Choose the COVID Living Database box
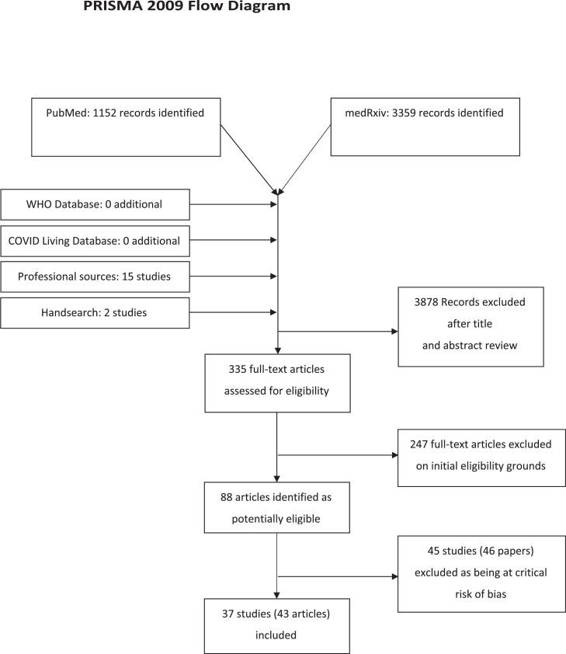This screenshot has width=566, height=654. click(95, 241)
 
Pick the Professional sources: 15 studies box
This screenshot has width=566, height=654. click(95, 276)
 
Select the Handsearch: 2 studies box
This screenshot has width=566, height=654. click(95, 311)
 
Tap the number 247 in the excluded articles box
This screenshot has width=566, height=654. click(423, 444)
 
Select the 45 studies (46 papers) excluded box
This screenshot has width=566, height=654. click(481, 573)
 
